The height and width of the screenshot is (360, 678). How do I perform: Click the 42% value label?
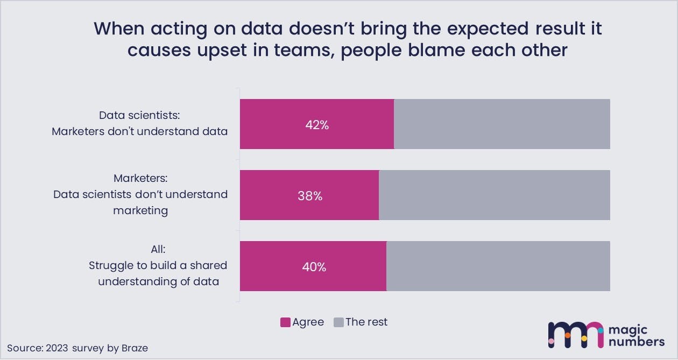pos(317,125)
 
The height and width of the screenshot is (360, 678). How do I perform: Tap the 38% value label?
pos(310,196)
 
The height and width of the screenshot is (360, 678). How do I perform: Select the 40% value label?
pos(314,267)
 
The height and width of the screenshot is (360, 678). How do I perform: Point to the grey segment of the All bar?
pos(498,266)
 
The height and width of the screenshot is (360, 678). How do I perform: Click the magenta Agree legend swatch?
pos(285,322)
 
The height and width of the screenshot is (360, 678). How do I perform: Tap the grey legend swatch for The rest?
pos(338,322)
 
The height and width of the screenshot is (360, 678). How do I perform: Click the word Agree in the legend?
pos(308,322)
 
